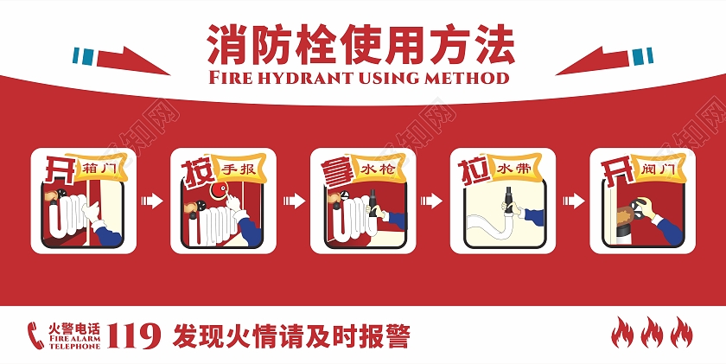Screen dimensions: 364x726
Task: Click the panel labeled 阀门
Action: pyautogui.click(x=641, y=201)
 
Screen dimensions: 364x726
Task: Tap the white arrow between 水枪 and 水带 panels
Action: pyautogui.click(x=432, y=201)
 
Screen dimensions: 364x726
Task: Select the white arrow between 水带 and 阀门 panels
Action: pyautogui.click(x=571, y=201)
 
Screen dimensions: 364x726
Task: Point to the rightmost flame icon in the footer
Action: pyautogui.click(x=681, y=333)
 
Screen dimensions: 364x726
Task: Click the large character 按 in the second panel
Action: pyautogui.click(x=196, y=171)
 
